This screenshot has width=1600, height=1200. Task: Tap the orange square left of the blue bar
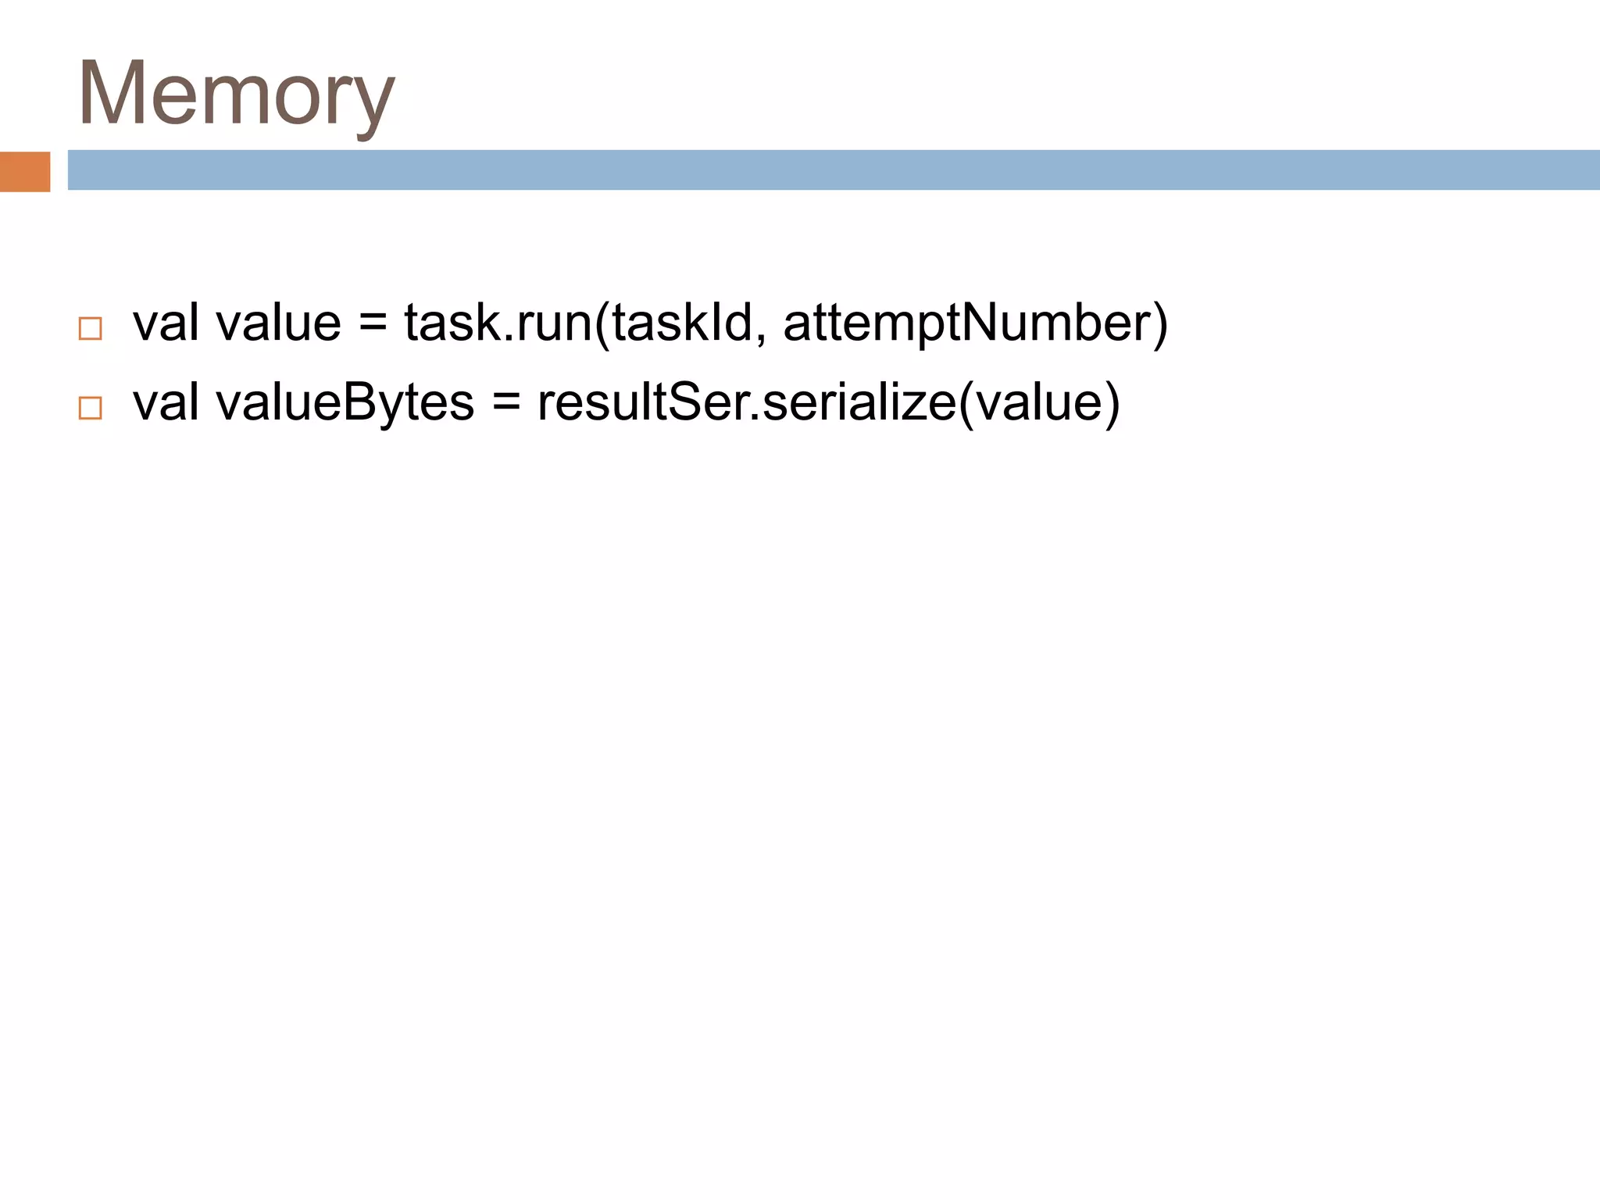point(25,171)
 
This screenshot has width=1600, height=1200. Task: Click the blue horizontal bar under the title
point(833,170)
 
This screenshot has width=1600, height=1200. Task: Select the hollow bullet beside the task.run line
point(91,328)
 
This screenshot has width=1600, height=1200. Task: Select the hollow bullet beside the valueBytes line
point(91,408)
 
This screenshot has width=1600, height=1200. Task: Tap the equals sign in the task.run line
point(373,322)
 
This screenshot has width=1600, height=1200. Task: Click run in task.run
point(555,323)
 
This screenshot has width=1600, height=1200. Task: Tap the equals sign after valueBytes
point(506,402)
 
